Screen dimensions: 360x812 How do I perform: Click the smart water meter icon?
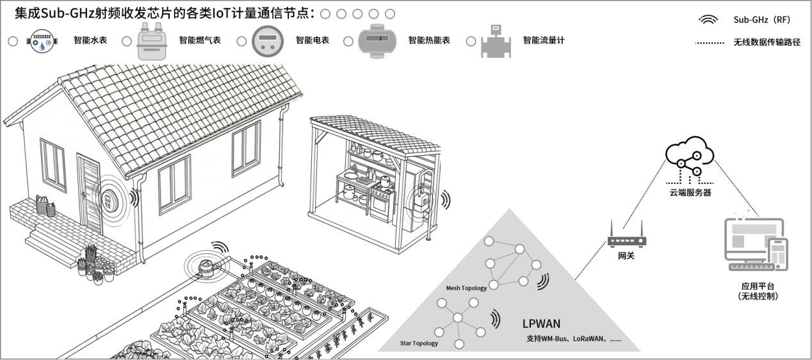42,41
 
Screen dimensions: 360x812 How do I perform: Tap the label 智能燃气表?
200,40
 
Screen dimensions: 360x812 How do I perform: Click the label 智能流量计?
544,40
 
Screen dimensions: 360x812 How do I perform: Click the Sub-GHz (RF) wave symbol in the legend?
708,20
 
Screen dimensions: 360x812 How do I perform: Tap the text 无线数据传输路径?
767,43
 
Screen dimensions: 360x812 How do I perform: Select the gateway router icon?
626,239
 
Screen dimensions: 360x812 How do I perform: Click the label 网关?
626,256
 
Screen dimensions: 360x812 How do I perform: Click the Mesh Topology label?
466,288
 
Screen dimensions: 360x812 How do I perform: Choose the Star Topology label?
419,343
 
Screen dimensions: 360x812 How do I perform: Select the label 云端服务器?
689,192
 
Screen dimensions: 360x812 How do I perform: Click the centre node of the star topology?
457,318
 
